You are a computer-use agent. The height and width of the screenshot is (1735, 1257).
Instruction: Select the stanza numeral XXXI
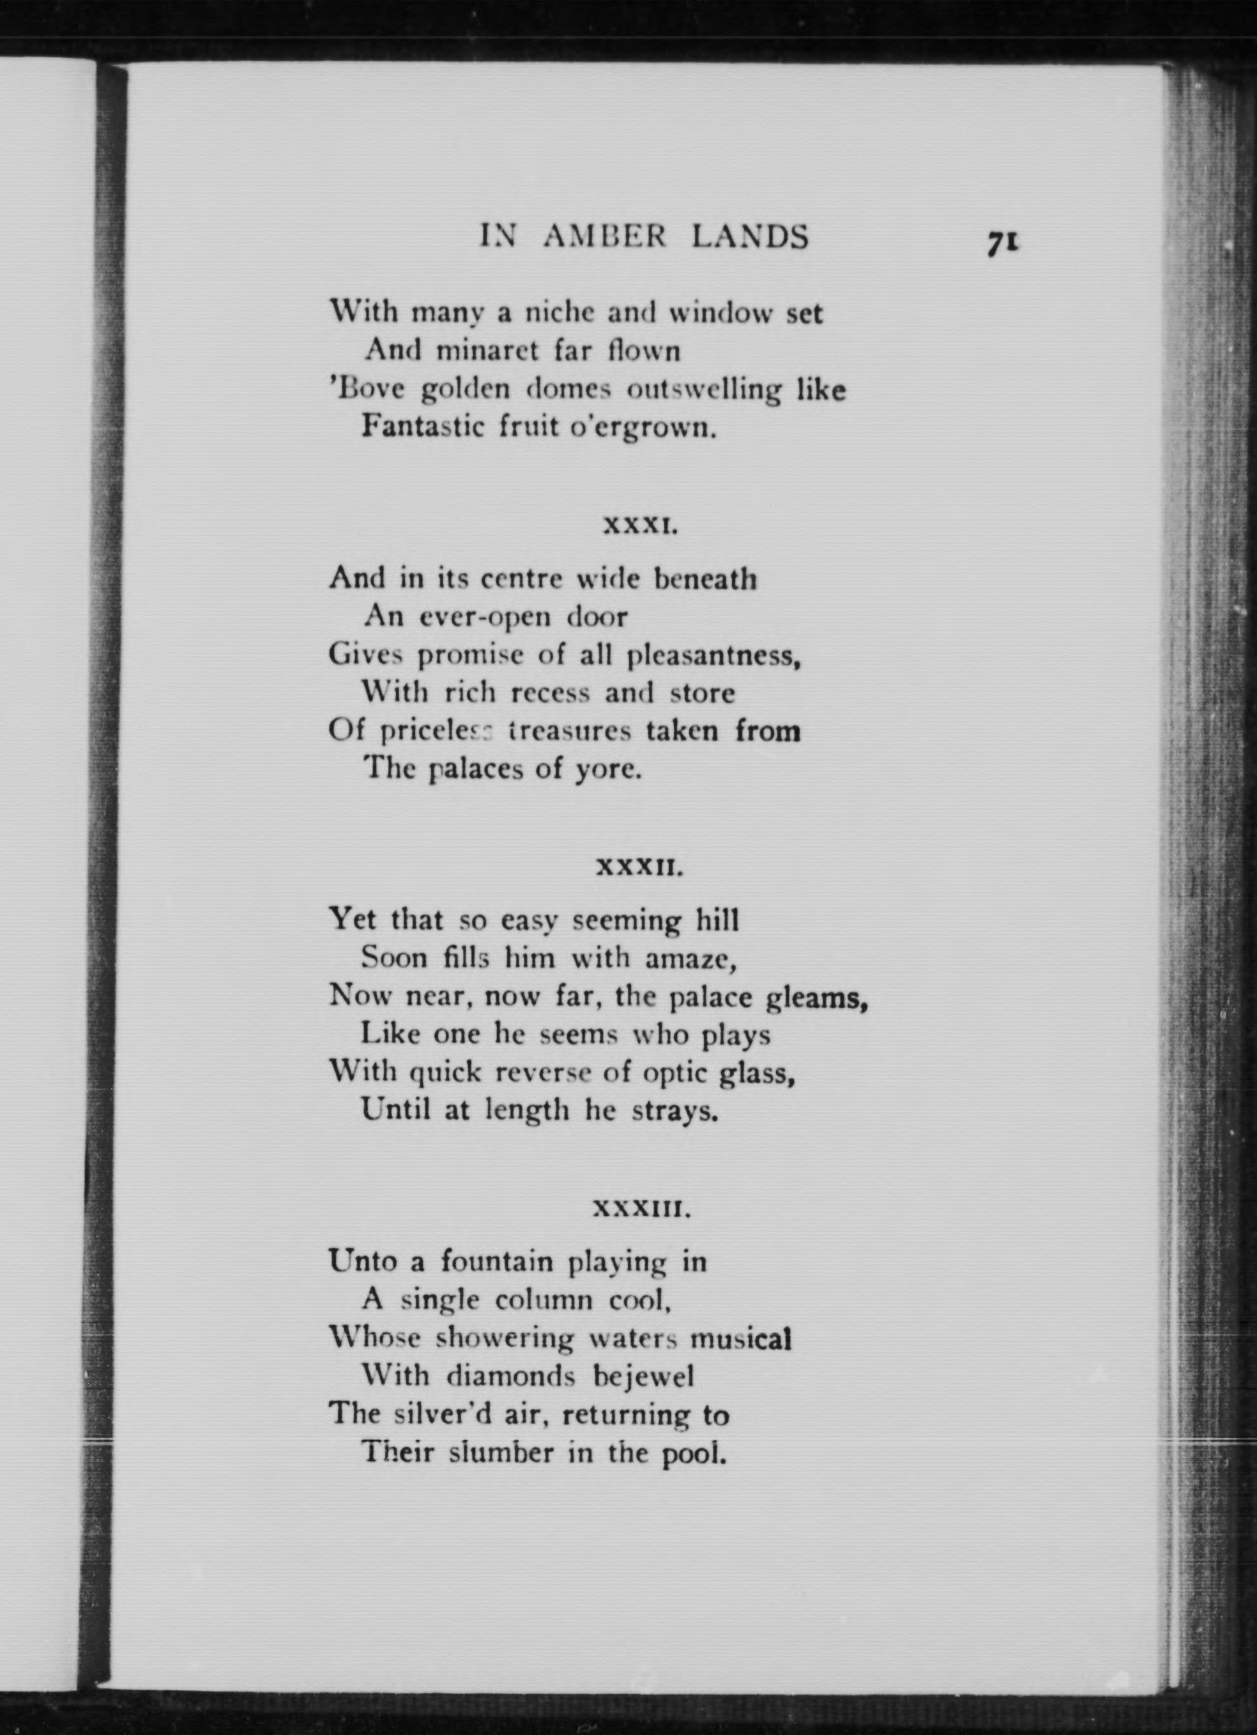(639, 526)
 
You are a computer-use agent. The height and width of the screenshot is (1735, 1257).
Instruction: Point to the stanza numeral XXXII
(638, 869)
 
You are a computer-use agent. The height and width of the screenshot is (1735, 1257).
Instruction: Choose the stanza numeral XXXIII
(643, 1210)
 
